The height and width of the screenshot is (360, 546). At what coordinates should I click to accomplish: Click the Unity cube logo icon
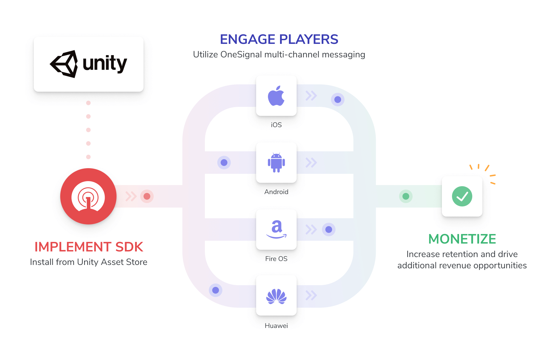(x=64, y=64)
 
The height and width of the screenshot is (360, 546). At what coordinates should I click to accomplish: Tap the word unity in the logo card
(x=105, y=64)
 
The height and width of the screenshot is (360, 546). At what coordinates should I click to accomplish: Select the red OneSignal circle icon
(x=88, y=196)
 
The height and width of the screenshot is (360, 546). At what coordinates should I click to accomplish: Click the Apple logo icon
(x=276, y=96)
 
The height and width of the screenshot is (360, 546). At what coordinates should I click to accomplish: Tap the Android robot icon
(x=276, y=163)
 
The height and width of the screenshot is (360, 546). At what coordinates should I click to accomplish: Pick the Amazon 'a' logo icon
(x=276, y=229)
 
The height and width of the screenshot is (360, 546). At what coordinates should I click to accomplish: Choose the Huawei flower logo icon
(x=276, y=296)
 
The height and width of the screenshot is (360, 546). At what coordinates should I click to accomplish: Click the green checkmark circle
(x=462, y=196)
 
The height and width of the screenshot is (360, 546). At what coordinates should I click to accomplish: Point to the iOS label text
(x=276, y=125)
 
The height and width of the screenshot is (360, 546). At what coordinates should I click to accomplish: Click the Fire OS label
(x=276, y=259)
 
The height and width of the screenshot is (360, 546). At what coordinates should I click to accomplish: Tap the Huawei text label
(x=276, y=326)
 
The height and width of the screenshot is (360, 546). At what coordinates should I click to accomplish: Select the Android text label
(x=276, y=192)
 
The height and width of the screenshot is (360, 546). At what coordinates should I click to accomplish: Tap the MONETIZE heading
(x=462, y=239)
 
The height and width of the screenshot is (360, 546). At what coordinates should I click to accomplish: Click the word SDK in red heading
(x=129, y=247)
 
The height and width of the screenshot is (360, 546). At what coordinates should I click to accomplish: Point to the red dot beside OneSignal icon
(x=147, y=196)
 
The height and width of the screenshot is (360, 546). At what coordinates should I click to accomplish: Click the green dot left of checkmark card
(x=406, y=196)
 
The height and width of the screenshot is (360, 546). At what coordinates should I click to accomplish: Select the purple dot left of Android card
(x=224, y=163)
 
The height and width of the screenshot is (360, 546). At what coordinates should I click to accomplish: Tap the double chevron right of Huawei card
(x=311, y=295)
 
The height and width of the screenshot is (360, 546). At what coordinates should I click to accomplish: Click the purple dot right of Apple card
(x=338, y=100)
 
